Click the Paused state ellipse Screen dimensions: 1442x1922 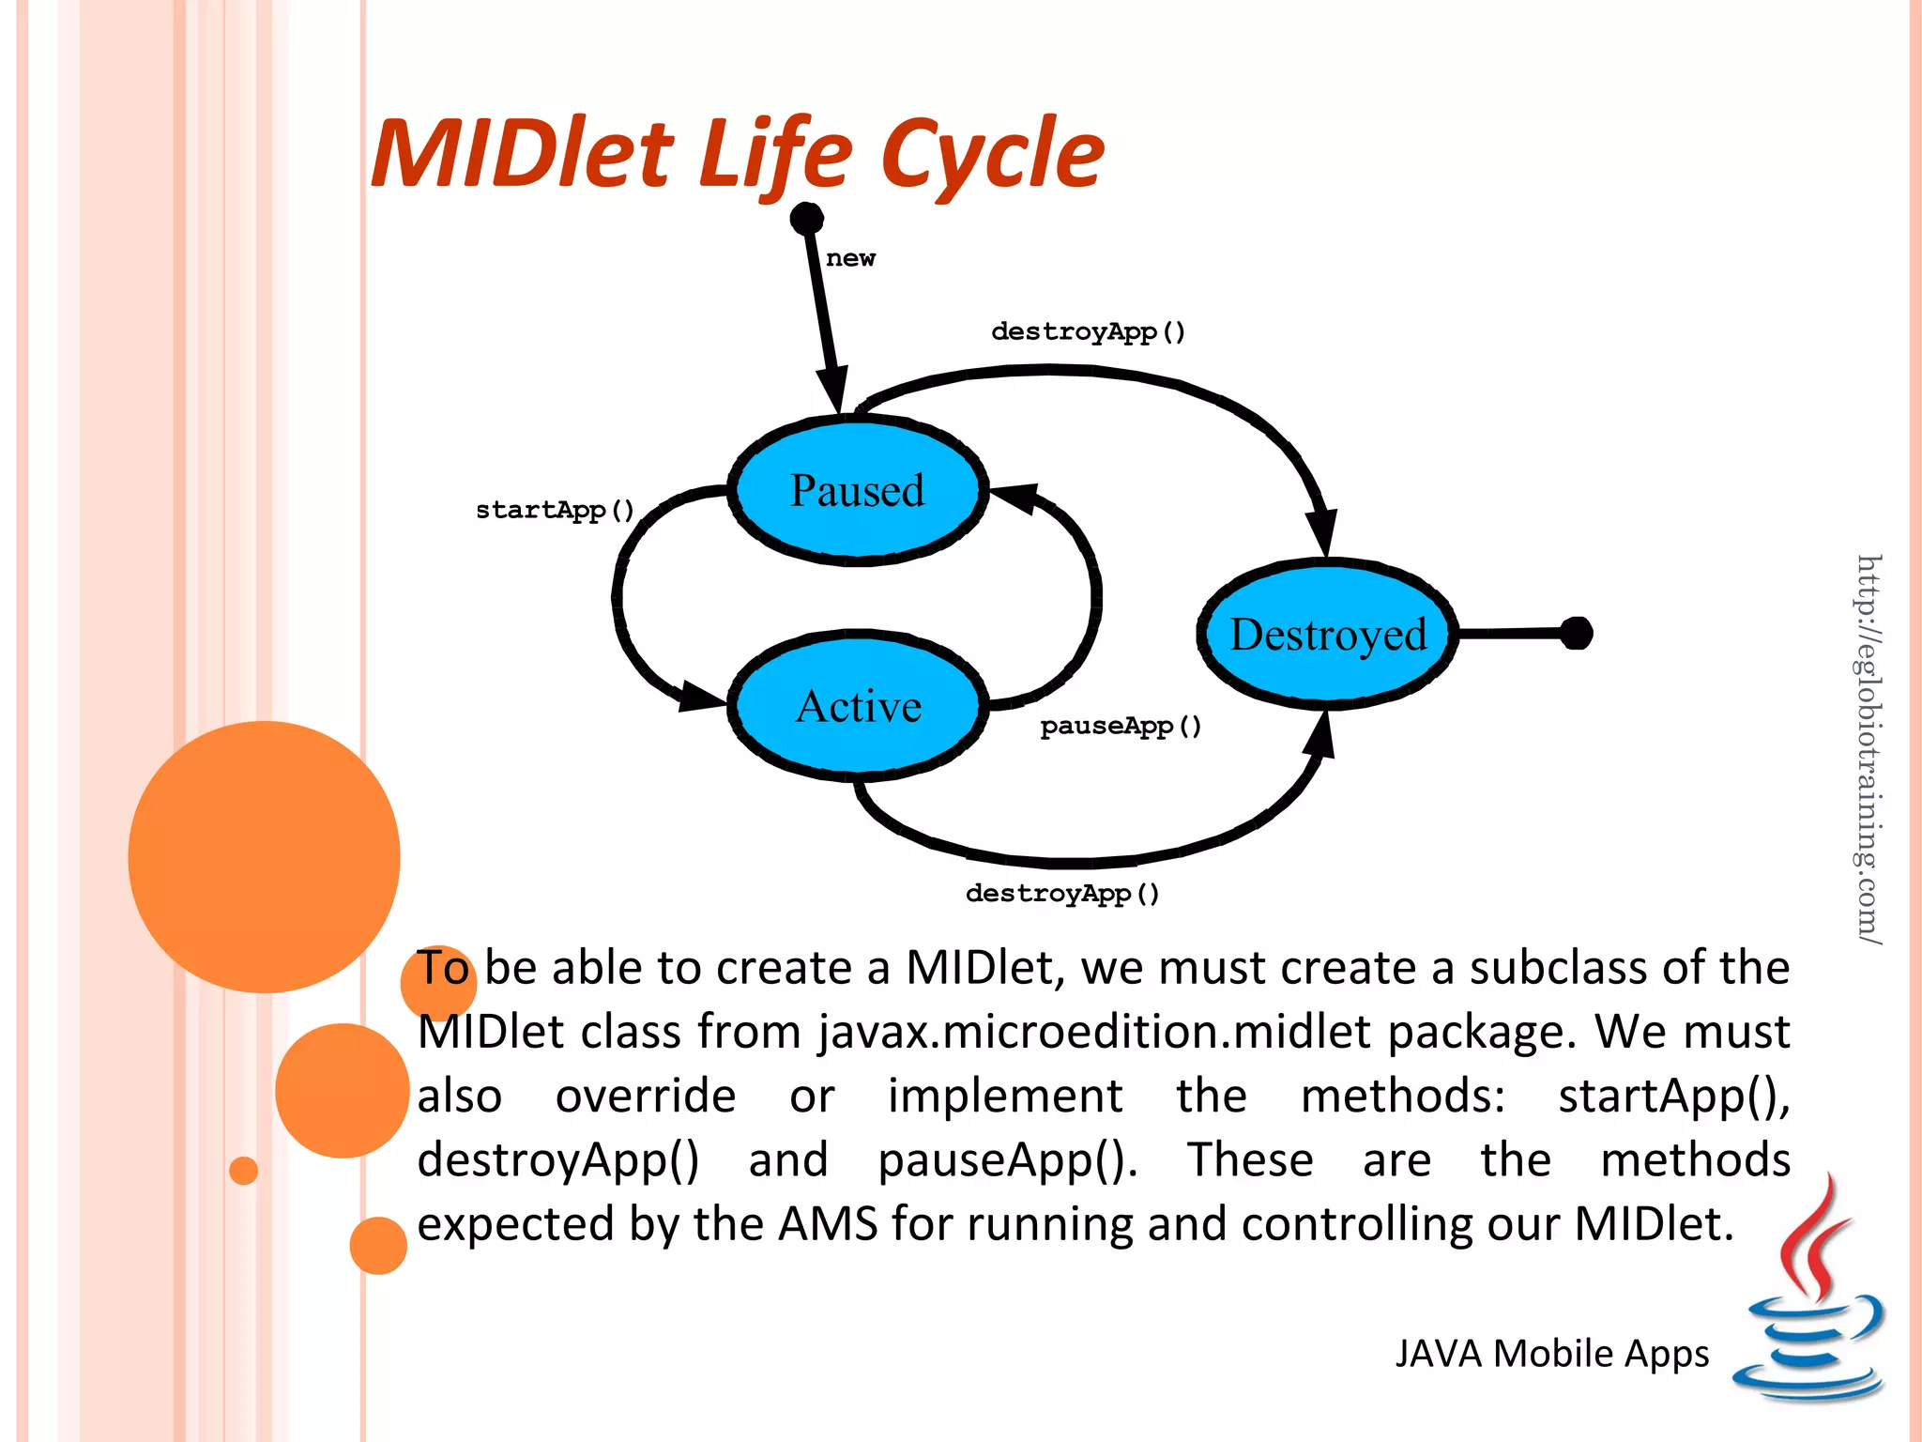point(858,491)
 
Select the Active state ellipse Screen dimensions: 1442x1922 point(858,706)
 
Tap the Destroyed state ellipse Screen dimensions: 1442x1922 point(1327,635)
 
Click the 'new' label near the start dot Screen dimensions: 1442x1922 point(850,258)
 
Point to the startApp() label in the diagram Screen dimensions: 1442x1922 point(555,510)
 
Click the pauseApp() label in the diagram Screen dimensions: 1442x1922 point(1121,726)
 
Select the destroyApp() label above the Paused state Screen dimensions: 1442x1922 point(1088,331)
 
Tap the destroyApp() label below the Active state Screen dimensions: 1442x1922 point(1062,893)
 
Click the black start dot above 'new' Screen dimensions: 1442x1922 point(806,219)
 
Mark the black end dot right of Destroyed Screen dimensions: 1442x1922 point(1577,634)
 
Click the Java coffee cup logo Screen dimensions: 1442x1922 point(1809,1296)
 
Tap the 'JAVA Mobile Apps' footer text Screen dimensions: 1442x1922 point(1551,1354)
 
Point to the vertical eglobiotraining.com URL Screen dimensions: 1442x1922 point(1868,748)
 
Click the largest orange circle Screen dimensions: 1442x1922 point(264,856)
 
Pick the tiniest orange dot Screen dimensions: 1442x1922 point(243,1171)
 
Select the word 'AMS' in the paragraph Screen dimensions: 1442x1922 point(828,1224)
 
